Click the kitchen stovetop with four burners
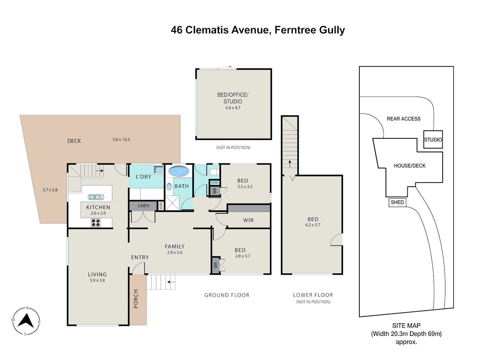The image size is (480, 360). [96, 223]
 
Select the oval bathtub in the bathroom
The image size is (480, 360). [179, 171]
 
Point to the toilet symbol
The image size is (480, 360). [215, 172]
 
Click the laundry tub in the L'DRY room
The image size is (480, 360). [159, 170]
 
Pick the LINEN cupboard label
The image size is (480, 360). [143, 206]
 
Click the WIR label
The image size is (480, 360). [248, 220]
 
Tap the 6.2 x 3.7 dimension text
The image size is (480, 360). [313, 225]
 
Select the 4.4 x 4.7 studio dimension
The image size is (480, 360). [233, 108]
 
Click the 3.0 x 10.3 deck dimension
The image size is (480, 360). [121, 139]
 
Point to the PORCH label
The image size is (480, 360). [136, 299]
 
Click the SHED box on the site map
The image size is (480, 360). [397, 202]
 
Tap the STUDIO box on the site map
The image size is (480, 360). [433, 139]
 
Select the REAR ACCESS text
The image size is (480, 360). [404, 119]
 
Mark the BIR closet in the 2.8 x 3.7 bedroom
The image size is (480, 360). [216, 265]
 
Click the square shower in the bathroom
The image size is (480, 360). [172, 203]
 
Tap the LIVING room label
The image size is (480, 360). [97, 274]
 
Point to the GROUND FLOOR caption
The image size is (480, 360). [227, 295]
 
